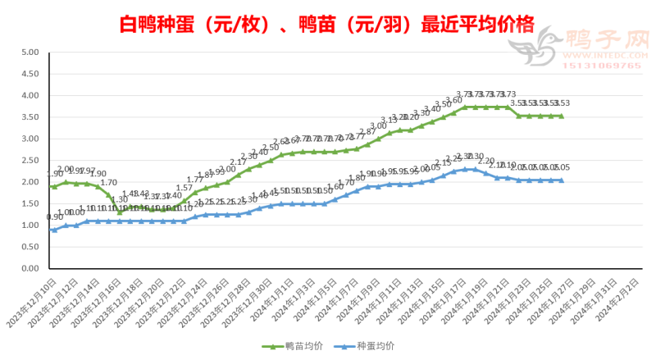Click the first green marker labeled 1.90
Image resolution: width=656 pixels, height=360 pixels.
tap(54, 186)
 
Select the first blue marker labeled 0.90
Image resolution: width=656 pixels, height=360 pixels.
tap(54, 230)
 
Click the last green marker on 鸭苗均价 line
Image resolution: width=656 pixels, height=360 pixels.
tap(561, 116)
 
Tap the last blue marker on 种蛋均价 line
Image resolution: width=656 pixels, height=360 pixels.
tap(561, 180)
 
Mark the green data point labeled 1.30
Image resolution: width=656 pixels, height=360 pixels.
tap(120, 212)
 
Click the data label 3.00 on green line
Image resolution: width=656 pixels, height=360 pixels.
tap(378, 126)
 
